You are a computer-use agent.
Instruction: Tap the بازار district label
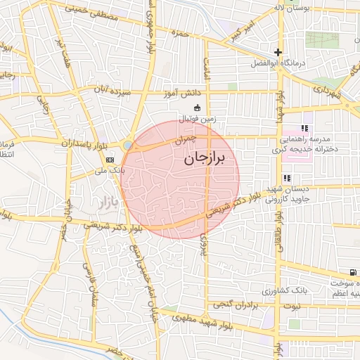103,204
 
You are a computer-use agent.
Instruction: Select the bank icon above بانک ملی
110,160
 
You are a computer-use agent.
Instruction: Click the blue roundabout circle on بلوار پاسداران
127,145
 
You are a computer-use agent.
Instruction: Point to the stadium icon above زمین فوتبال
197,108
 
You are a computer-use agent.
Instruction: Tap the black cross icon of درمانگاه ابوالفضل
278,52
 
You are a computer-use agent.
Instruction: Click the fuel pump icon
352,272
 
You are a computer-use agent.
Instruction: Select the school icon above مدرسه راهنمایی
304,128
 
